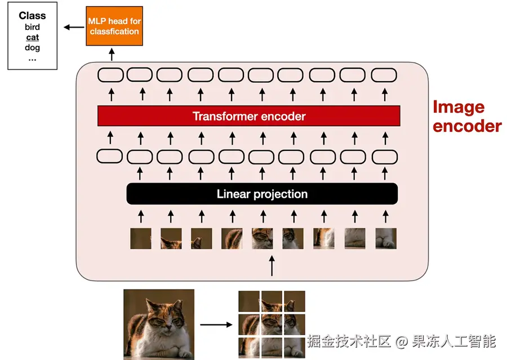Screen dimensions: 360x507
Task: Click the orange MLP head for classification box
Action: pos(114,26)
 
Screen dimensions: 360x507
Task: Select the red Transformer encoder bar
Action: pos(248,116)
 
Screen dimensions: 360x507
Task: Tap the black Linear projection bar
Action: pos(262,194)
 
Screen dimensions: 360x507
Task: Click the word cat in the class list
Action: pos(32,37)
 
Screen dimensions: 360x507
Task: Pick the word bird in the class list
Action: pos(32,27)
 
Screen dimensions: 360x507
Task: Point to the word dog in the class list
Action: pos(32,47)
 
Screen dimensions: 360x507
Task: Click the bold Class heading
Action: pos(32,16)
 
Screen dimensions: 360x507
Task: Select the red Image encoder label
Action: pos(466,116)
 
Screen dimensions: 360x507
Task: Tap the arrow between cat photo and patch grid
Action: pos(216,325)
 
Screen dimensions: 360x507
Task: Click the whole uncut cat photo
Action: pos(159,324)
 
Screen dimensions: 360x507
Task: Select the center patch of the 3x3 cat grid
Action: pos(272,324)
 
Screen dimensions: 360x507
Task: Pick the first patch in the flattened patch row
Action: pos(141,238)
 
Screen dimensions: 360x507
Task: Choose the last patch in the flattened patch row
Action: pos(386,238)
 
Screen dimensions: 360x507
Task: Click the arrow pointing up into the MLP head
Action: pos(112,55)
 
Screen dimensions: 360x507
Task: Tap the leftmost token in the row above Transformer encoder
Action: pos(110,74)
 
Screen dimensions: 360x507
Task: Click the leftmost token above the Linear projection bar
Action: pos(110,156)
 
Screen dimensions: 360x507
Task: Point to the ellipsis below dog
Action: pos(32,58)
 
